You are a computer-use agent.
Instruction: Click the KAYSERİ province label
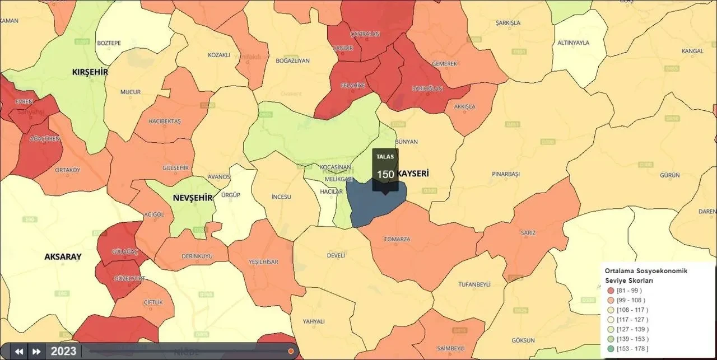click(x=413, y=174)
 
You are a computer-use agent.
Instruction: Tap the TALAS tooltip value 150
click(x=385, y=174)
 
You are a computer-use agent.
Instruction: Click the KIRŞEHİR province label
click(x=90, y=72)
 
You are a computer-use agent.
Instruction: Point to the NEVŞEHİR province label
click(x=193, y=198)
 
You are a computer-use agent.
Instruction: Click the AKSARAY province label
click(x=63, y=256)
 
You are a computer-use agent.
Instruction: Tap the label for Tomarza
click(x=397, y=239)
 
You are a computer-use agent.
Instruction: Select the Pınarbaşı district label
click(x=506, y=174)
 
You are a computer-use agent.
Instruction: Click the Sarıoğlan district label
click(x=427, y=88)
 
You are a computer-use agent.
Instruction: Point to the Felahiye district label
click(x=353, y=85)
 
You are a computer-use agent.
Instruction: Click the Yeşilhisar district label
click(x=263, y=261)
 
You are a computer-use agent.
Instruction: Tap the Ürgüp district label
click(x=231, y=195)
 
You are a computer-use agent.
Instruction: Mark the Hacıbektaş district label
click(x=165, y=121)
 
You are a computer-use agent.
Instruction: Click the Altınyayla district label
click(x=574, y=43)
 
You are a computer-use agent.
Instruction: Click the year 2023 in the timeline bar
click(x=63, y=352)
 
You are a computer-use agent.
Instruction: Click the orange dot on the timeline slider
click(x=291, y=351)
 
